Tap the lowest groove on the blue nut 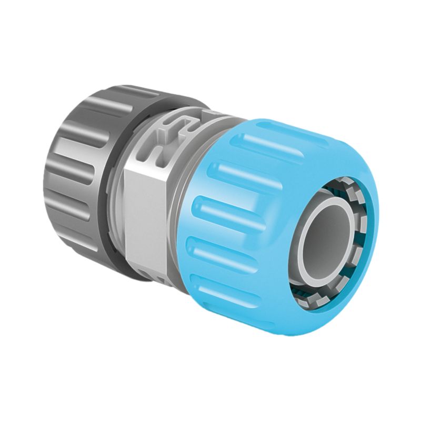(x=221, y=284)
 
